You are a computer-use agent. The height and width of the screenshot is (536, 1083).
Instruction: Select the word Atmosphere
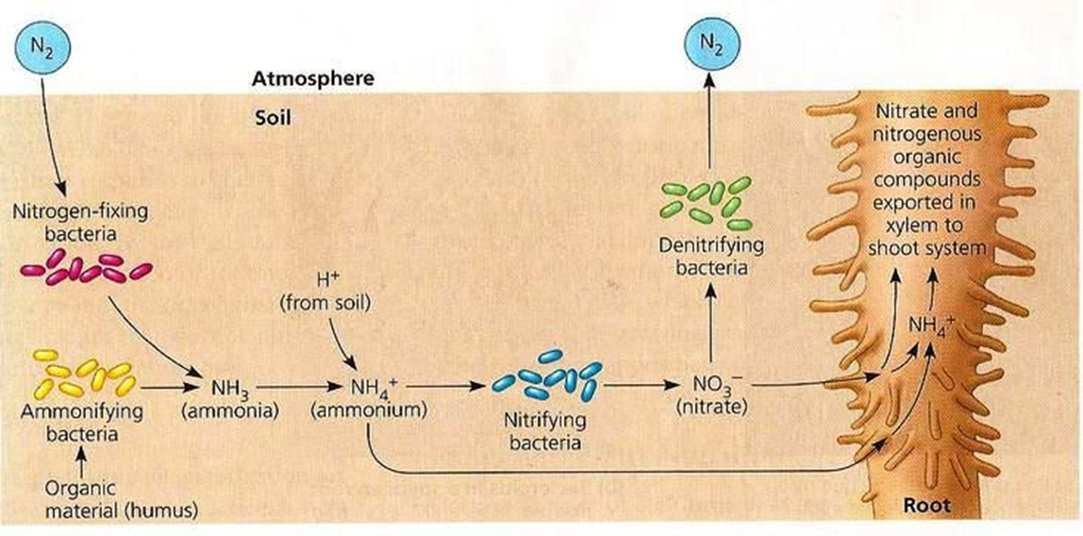(312, 79)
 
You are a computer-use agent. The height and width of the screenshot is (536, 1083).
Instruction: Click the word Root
(926, 505)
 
